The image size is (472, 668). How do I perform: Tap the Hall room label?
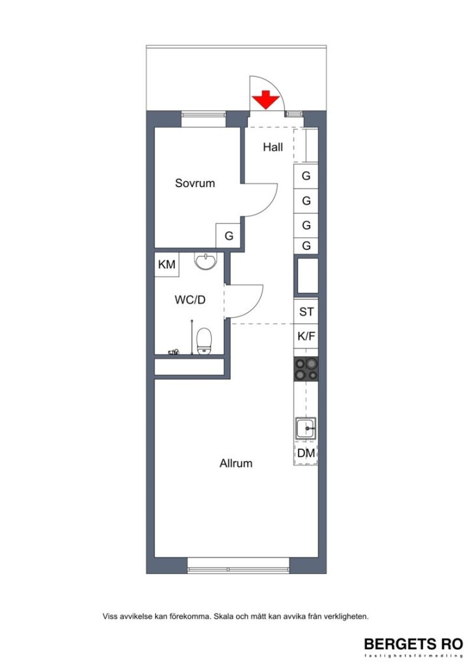[273, 147]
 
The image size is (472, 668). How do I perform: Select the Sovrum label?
[195, 183]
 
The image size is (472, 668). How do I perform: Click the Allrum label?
[236, 464]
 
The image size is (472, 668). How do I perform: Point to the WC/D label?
[190, 300]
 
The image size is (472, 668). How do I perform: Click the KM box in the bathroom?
[166, 265]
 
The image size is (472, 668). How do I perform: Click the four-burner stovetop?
[306, 369]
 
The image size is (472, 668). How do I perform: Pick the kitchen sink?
[305, 429]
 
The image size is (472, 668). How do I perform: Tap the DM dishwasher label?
[306, 453]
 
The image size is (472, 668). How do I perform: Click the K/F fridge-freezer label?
[306, 337]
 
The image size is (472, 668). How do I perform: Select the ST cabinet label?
[306, 312]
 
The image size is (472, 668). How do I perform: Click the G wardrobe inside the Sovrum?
[229, 236]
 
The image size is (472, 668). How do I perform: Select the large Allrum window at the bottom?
[238, 565]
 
